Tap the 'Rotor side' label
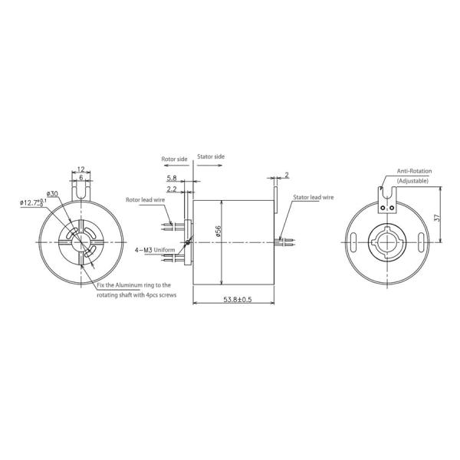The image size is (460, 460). click(x=174, y=159)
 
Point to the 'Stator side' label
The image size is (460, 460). click(x=212, y=156)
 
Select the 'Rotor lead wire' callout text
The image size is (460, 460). click(x=145, y=199)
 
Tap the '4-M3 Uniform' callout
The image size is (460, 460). click(x=150, y=250)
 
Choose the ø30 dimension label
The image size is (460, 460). click(x=52, y=193)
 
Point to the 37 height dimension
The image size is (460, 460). click(x=438, y=217)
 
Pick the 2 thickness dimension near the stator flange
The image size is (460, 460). click(x=285, y=175)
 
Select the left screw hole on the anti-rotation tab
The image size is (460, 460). click(x=386, y=206)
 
